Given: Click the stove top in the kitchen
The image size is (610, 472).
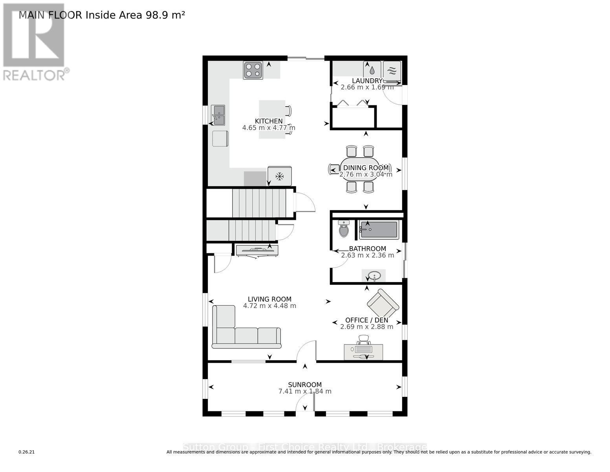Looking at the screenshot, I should (253, 70).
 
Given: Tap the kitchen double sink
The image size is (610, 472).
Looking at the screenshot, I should (218, 115).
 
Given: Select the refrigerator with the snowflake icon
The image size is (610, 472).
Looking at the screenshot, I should (280, 176).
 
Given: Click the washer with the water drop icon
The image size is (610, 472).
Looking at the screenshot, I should (372, 70).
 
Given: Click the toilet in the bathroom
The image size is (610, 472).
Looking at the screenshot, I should (344, 229).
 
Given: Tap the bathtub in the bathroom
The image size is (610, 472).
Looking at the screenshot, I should (379, 230).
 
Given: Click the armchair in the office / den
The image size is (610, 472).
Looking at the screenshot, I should (383, 304).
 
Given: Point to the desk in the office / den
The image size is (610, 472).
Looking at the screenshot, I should (363, 352).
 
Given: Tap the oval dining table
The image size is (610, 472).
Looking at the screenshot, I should (360, 169).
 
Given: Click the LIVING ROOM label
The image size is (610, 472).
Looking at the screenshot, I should (269, 299).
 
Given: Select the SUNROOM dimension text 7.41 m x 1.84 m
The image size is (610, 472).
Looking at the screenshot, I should (305, 391).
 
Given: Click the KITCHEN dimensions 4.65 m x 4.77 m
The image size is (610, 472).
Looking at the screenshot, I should (269, 128).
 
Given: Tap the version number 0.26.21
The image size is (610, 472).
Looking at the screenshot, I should (27, 452).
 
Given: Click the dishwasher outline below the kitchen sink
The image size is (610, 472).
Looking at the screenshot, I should (220, 138).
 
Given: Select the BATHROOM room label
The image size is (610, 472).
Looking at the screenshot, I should (368, 249).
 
